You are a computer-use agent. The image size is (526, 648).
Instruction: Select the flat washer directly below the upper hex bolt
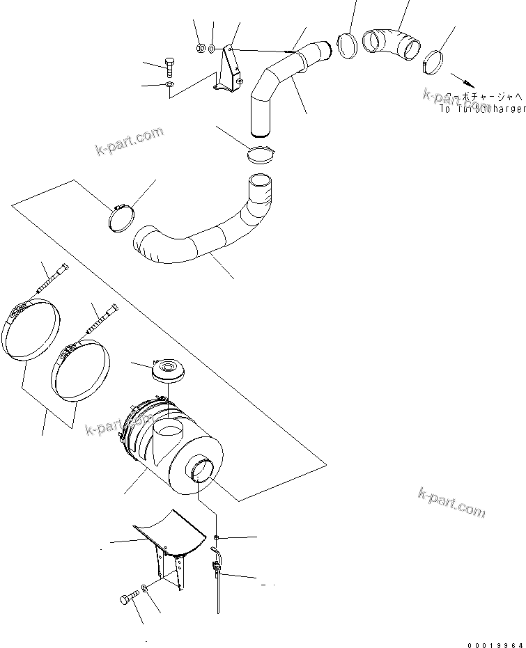pyautogui.click(x=169, y=85)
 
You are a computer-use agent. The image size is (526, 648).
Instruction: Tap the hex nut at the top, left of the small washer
pyautogui.click(x=199, y=49)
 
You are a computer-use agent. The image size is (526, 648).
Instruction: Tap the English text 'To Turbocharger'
pyautogui.click(x=482, y=109)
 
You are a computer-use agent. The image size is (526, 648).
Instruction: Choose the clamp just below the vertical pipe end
pyautogui.click(x=262, y=155)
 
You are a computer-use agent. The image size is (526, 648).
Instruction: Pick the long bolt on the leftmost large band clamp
pyautogui.click(x=54, y=282)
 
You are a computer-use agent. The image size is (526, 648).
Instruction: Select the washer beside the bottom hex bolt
pyautogui.click(x=144, y=590)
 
